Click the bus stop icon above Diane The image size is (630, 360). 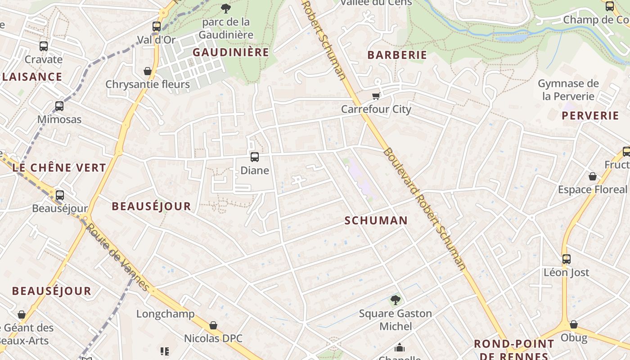pos(254,157)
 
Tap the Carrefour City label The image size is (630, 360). pos(376,109)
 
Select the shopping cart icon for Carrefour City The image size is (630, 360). pos(376,96)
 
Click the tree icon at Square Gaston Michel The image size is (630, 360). pos(396,299)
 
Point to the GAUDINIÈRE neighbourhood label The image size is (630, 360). pos(231,53)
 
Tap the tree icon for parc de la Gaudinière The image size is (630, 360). pos(226,8)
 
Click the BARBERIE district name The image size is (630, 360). pos(397,55)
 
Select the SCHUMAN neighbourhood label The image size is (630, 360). pos(376,220)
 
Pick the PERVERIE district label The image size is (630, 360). pos(590,116)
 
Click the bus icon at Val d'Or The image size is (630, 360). pos(157,27)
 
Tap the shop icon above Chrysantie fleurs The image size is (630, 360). pos(148,71)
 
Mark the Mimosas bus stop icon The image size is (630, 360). pos(59,106)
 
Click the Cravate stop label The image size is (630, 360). pos(44,59)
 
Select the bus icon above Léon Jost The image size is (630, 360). pos(566,259)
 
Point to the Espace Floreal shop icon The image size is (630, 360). pos(593,176)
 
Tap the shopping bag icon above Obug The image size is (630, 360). pos(574,324)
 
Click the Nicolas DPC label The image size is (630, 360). pos(213,338)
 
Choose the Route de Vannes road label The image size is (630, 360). pos(117,257)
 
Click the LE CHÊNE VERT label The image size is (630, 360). pos(59,168)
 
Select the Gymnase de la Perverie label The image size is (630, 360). pos(568,90)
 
